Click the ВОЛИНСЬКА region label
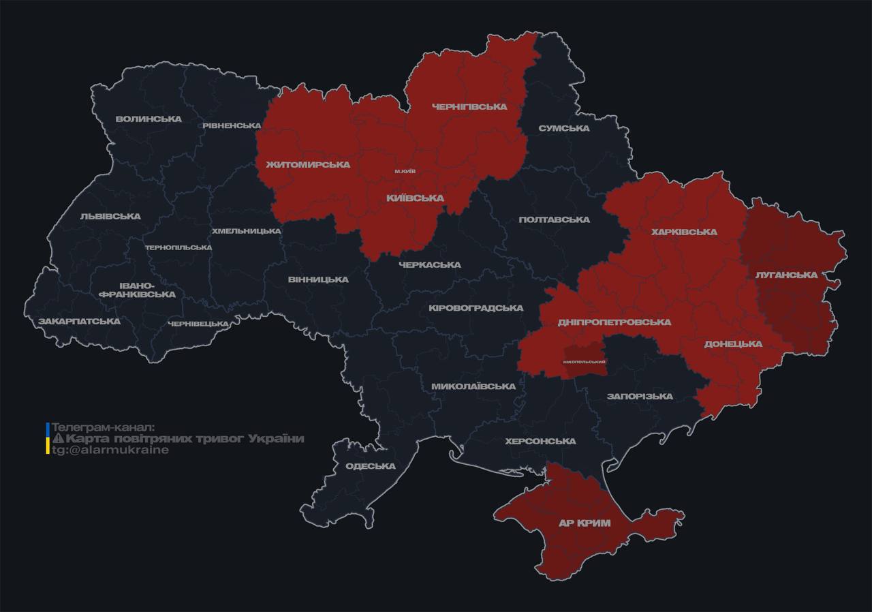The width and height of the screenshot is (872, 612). [149, 119]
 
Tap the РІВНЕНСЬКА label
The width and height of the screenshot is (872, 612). [232, 125]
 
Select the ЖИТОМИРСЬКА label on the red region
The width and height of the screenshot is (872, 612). [308, 164]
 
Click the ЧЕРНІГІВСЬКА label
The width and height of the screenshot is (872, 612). [469, 107]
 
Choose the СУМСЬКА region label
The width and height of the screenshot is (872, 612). [563, 128]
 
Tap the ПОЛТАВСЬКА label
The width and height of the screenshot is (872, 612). [554, 219]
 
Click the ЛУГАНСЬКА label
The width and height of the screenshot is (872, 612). [786, 275]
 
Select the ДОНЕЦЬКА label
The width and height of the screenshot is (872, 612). [733, 343]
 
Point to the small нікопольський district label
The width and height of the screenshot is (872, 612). [585, 361]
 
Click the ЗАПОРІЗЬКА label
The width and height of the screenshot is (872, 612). [640, 396]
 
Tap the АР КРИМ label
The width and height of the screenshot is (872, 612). [585, 523]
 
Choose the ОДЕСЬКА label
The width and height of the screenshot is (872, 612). [371, 466]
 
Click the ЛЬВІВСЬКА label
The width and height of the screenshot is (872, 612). [110, 216]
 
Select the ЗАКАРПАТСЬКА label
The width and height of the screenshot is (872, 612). [80, 321]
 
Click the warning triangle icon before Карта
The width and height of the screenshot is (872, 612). [58, 438]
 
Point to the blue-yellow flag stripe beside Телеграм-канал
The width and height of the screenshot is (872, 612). [48, 438]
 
